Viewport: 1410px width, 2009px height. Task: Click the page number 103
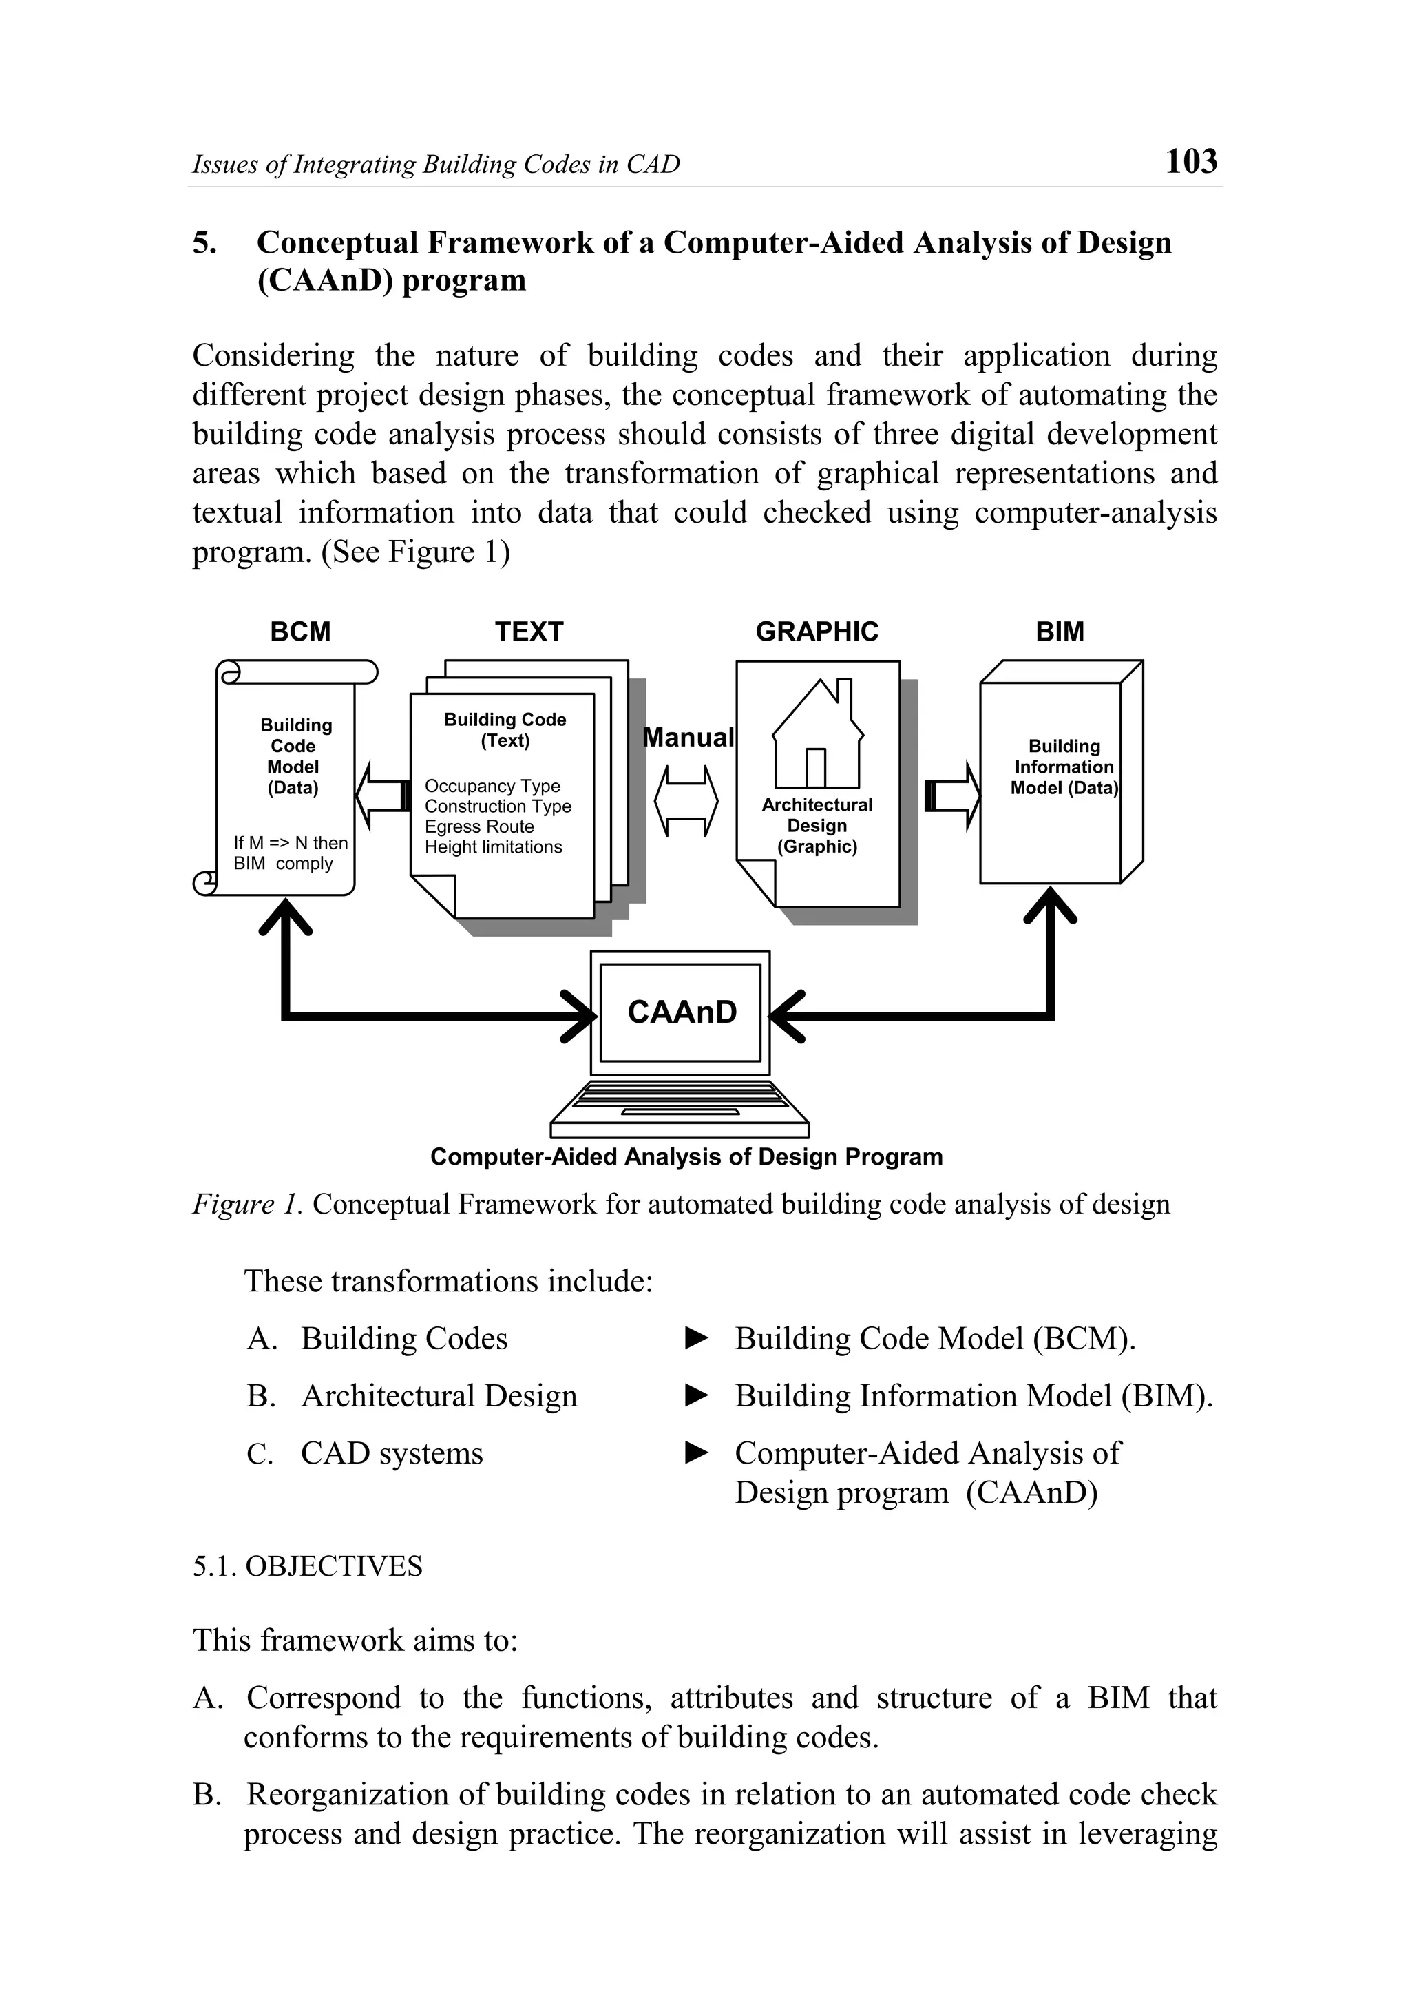tap(1190, 162)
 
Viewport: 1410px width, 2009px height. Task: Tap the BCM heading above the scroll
tap(300, 632)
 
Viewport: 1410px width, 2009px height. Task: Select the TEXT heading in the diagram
tap(528, 632)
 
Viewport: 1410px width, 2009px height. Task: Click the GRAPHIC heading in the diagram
tap(816, 632)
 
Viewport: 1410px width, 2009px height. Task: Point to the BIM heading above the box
tap(1060, 632)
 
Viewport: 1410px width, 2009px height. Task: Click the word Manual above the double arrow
tap(688, 738)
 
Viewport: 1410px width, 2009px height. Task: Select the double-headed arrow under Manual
tap(686, 800)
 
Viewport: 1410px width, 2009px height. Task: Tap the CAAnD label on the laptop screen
tap(682, 1012)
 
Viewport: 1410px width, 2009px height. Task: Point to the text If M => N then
tap(291, 842)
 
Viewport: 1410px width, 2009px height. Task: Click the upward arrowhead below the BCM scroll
tap(285, 919)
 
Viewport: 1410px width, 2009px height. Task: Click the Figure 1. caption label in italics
tap(248, 1205)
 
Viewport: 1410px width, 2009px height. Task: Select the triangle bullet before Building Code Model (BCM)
tap(696, 1338)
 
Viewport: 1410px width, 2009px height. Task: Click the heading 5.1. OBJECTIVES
tap(307, 1566)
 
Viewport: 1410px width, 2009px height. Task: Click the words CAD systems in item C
tap(392, 1453)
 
